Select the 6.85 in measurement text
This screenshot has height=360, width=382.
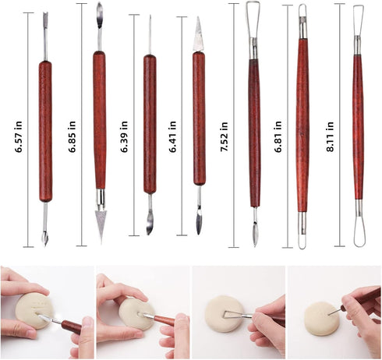[72, 128]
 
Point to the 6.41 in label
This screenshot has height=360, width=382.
[175, 128]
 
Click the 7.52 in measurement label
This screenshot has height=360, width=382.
[225, 128]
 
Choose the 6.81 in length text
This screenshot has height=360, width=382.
[278, 128]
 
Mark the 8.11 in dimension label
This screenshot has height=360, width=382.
[330, 128]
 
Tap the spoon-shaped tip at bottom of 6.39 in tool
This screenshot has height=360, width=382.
[149, 224]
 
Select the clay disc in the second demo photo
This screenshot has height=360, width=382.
[135, 314]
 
